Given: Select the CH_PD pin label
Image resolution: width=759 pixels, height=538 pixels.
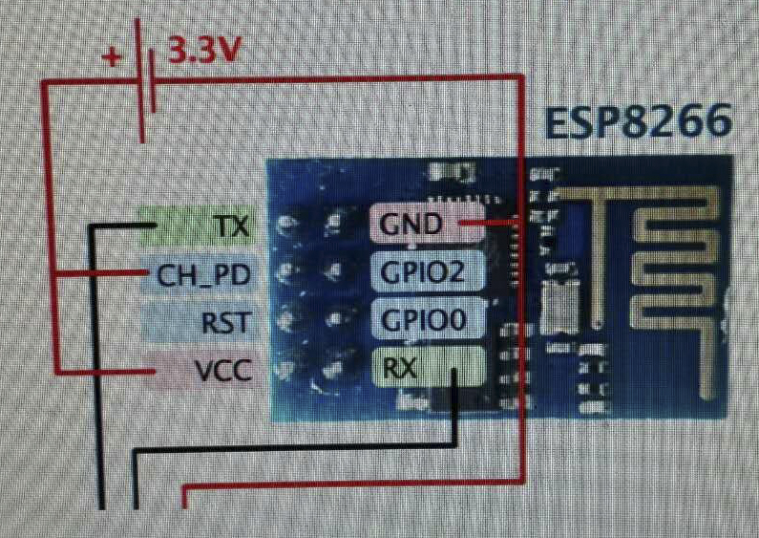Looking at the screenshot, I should [x=202, y=276].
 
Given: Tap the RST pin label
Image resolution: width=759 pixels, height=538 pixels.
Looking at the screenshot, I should [x=226, y=322].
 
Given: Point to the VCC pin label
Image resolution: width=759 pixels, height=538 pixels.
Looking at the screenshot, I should [x=222, y=369].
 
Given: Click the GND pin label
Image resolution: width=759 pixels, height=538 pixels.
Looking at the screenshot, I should [x=411, y=225].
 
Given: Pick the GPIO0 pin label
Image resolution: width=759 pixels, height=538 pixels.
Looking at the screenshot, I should [x=423, y=320].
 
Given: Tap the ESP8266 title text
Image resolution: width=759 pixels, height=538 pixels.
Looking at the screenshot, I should [x=639, y=121].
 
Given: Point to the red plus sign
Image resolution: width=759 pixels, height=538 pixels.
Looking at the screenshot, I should [x=112, y=56].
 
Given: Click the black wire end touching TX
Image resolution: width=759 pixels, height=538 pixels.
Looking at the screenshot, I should [x=153, y=226].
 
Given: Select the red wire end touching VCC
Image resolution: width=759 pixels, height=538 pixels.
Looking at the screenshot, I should [x=153, y=369].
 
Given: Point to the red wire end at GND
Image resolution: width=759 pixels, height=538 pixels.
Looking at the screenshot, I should [x=463, y=224].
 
